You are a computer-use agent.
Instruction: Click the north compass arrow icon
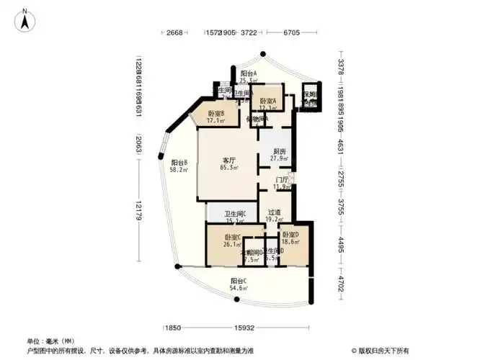coord(25,19)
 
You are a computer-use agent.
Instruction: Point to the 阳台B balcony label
coord(179,163)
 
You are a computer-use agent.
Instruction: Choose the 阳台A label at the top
coord(249,74)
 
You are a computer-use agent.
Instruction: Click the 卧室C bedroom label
coord(232,237)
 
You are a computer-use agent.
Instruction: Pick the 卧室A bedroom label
coord(269,101)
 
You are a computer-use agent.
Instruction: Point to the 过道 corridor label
coord(274,213)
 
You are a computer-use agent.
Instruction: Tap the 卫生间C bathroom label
coord(235,214)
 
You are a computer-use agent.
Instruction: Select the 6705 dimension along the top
coord(291,33)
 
